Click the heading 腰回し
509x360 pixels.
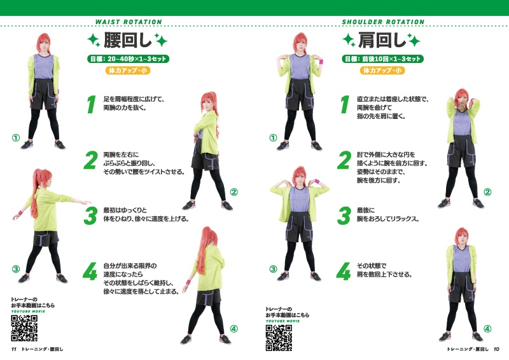[x=127, y=41]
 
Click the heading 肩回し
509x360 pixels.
[x=381, y=41]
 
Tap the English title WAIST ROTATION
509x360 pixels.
[x=129, y=22]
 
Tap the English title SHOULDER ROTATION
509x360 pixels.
[x=383, y=22]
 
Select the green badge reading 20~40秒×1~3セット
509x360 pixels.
[x=128, y=59]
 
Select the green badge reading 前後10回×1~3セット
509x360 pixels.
[x=382, y=59]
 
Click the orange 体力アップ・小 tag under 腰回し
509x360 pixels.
[x=128, y=71]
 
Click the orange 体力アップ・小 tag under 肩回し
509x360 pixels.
[x=382, y=71]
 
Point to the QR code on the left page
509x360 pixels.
[x=25, y=328]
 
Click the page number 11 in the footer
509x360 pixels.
[x=13, y=349]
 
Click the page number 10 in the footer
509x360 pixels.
[x=496, y=349]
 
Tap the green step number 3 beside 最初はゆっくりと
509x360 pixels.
[x=91, y=215]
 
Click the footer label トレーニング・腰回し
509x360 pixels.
[x=43, y=349]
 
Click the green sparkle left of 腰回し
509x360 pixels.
[x=94, y=41]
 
